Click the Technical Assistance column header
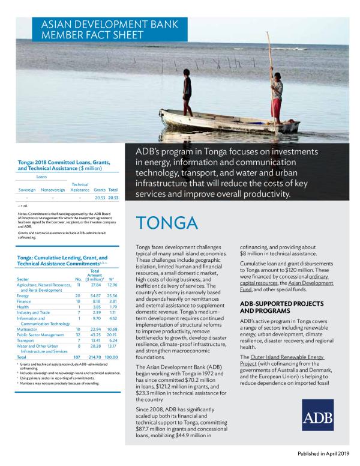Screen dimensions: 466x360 click(x=80, y=187)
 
